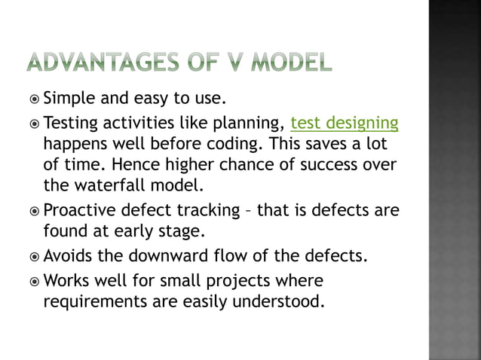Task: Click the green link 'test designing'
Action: point(345,123)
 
